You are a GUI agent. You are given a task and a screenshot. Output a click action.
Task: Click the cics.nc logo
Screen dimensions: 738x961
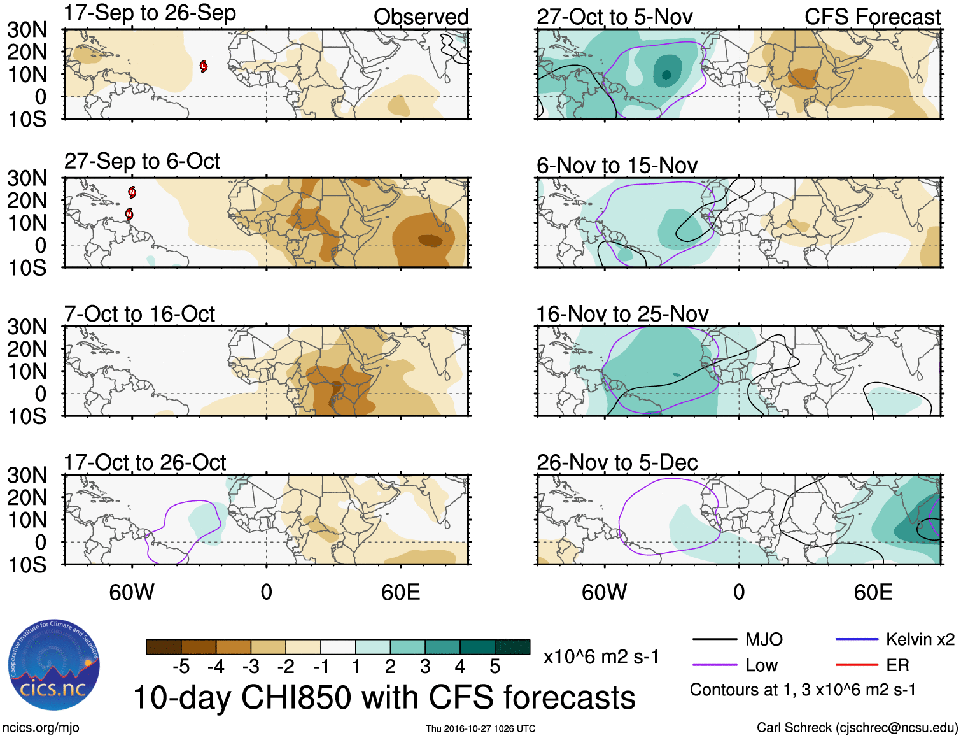(x=54, y=665)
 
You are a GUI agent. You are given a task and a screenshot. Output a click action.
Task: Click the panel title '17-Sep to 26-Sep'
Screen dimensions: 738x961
(x=150, y=13)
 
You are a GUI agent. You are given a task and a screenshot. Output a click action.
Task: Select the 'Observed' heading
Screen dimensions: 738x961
(x=421, y=17)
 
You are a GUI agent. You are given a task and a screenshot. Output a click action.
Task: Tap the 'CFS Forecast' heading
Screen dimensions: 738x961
(x=872, y=17)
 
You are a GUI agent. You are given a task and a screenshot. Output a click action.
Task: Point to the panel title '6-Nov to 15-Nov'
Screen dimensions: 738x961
(x=617, y=166)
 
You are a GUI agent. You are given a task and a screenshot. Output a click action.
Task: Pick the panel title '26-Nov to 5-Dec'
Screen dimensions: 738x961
(x=617, y=462)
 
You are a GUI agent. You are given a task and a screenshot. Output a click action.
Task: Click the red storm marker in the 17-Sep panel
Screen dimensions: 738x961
(x=204, y=66)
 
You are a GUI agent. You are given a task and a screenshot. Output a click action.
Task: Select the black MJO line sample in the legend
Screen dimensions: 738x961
(x=714, y=639)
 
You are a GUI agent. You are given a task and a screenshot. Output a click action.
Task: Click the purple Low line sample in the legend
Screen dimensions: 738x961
(x=714, y=665)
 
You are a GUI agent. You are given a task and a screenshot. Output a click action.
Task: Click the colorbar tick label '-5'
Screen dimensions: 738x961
(x=181, y=667)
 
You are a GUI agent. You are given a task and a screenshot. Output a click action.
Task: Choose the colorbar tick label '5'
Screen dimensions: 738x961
(x=495, y=667)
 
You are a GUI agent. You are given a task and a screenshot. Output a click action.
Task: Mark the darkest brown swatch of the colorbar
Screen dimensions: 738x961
(x=164, y=647)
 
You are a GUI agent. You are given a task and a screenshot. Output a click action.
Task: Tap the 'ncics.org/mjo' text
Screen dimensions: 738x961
(x=40, y=728)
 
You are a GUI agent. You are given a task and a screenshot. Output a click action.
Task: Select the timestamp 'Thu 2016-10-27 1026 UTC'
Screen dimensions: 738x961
(x=481, y=728)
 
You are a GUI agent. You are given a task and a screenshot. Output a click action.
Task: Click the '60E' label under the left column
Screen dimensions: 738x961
(x=400, y=593)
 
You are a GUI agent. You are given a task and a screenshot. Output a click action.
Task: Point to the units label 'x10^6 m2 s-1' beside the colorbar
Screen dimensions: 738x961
(x=601, y=656)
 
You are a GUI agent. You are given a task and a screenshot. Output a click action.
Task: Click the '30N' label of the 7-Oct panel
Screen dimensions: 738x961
(x=27, y=327)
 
